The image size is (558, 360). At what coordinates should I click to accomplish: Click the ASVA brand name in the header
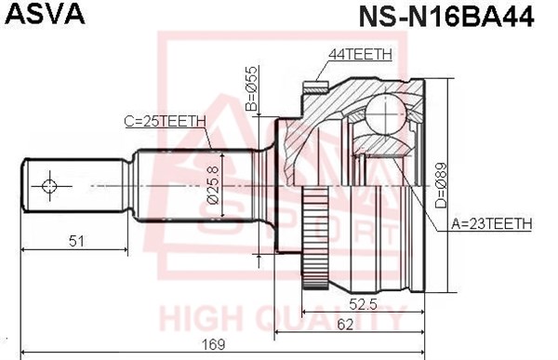click(x=46, y=14)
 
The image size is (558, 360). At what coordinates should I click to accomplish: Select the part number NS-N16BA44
click(x=446, y=16)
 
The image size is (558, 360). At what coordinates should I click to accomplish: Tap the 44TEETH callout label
click(x=360, y=54)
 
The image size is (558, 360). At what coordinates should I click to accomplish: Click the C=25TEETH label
click(x=166, y=122)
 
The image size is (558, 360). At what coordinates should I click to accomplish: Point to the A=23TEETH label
click(x=492, y=223)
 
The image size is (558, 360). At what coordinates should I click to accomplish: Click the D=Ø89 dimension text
click(x=441, y=185)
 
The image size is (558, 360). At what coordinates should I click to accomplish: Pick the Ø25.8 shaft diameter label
click(x=213, y=184)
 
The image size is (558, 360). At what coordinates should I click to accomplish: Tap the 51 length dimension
click(x=77, y=241)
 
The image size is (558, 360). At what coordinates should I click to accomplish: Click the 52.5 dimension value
click(x=363, y=304)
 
